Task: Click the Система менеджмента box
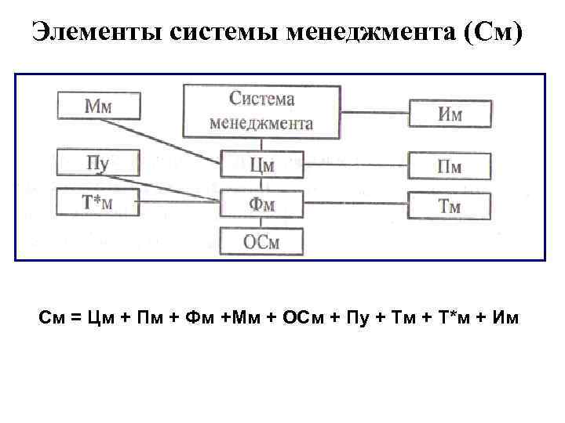261,111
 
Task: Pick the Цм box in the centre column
261,164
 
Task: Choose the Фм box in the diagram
261,204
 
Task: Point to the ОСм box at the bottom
261,241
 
